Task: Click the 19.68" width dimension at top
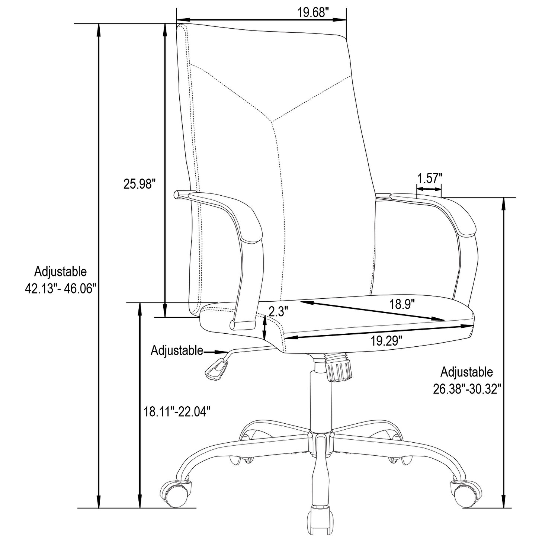(313, 13)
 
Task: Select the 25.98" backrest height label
(139, 184)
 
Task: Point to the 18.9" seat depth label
(402, 305)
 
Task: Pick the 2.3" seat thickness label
(279, 311)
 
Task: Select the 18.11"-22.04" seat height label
(177, 411)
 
